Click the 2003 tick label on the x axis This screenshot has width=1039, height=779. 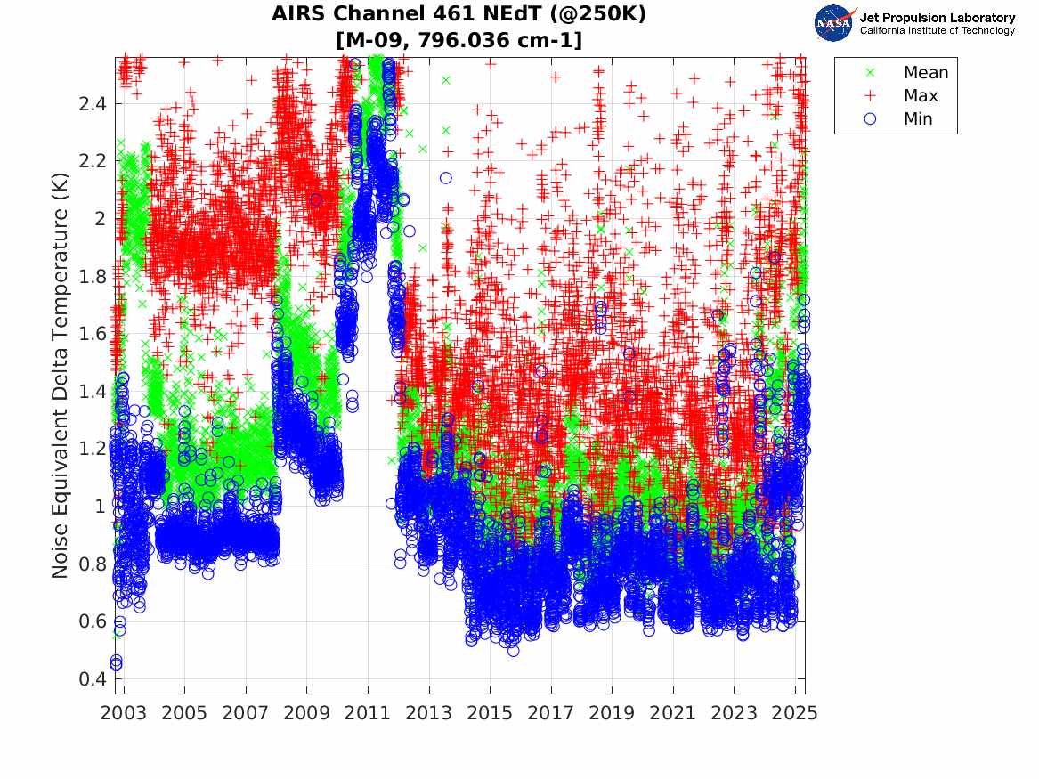pyautogui.click(x=124, y=714)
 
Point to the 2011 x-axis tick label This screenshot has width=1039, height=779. pyautogui.click(x=368, y=714)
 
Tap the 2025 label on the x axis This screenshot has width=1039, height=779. pyautogui.click(x=795, y=714)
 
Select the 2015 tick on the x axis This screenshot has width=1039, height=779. pyautogui.click(x=490, y=714)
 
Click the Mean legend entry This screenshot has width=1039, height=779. pyautogui.click(x=926, y=73)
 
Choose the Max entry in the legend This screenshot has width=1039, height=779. pyautogui.click(x=921, y=96)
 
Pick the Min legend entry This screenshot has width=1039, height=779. pyautogui.click(x=919, y=119)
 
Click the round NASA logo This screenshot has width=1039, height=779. pyautogui.click(x=833, y=22)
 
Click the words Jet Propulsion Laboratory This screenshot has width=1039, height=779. pyautogui.click(x=937, y=18)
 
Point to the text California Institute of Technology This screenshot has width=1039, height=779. pyautogui.click(x=937, y=31)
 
